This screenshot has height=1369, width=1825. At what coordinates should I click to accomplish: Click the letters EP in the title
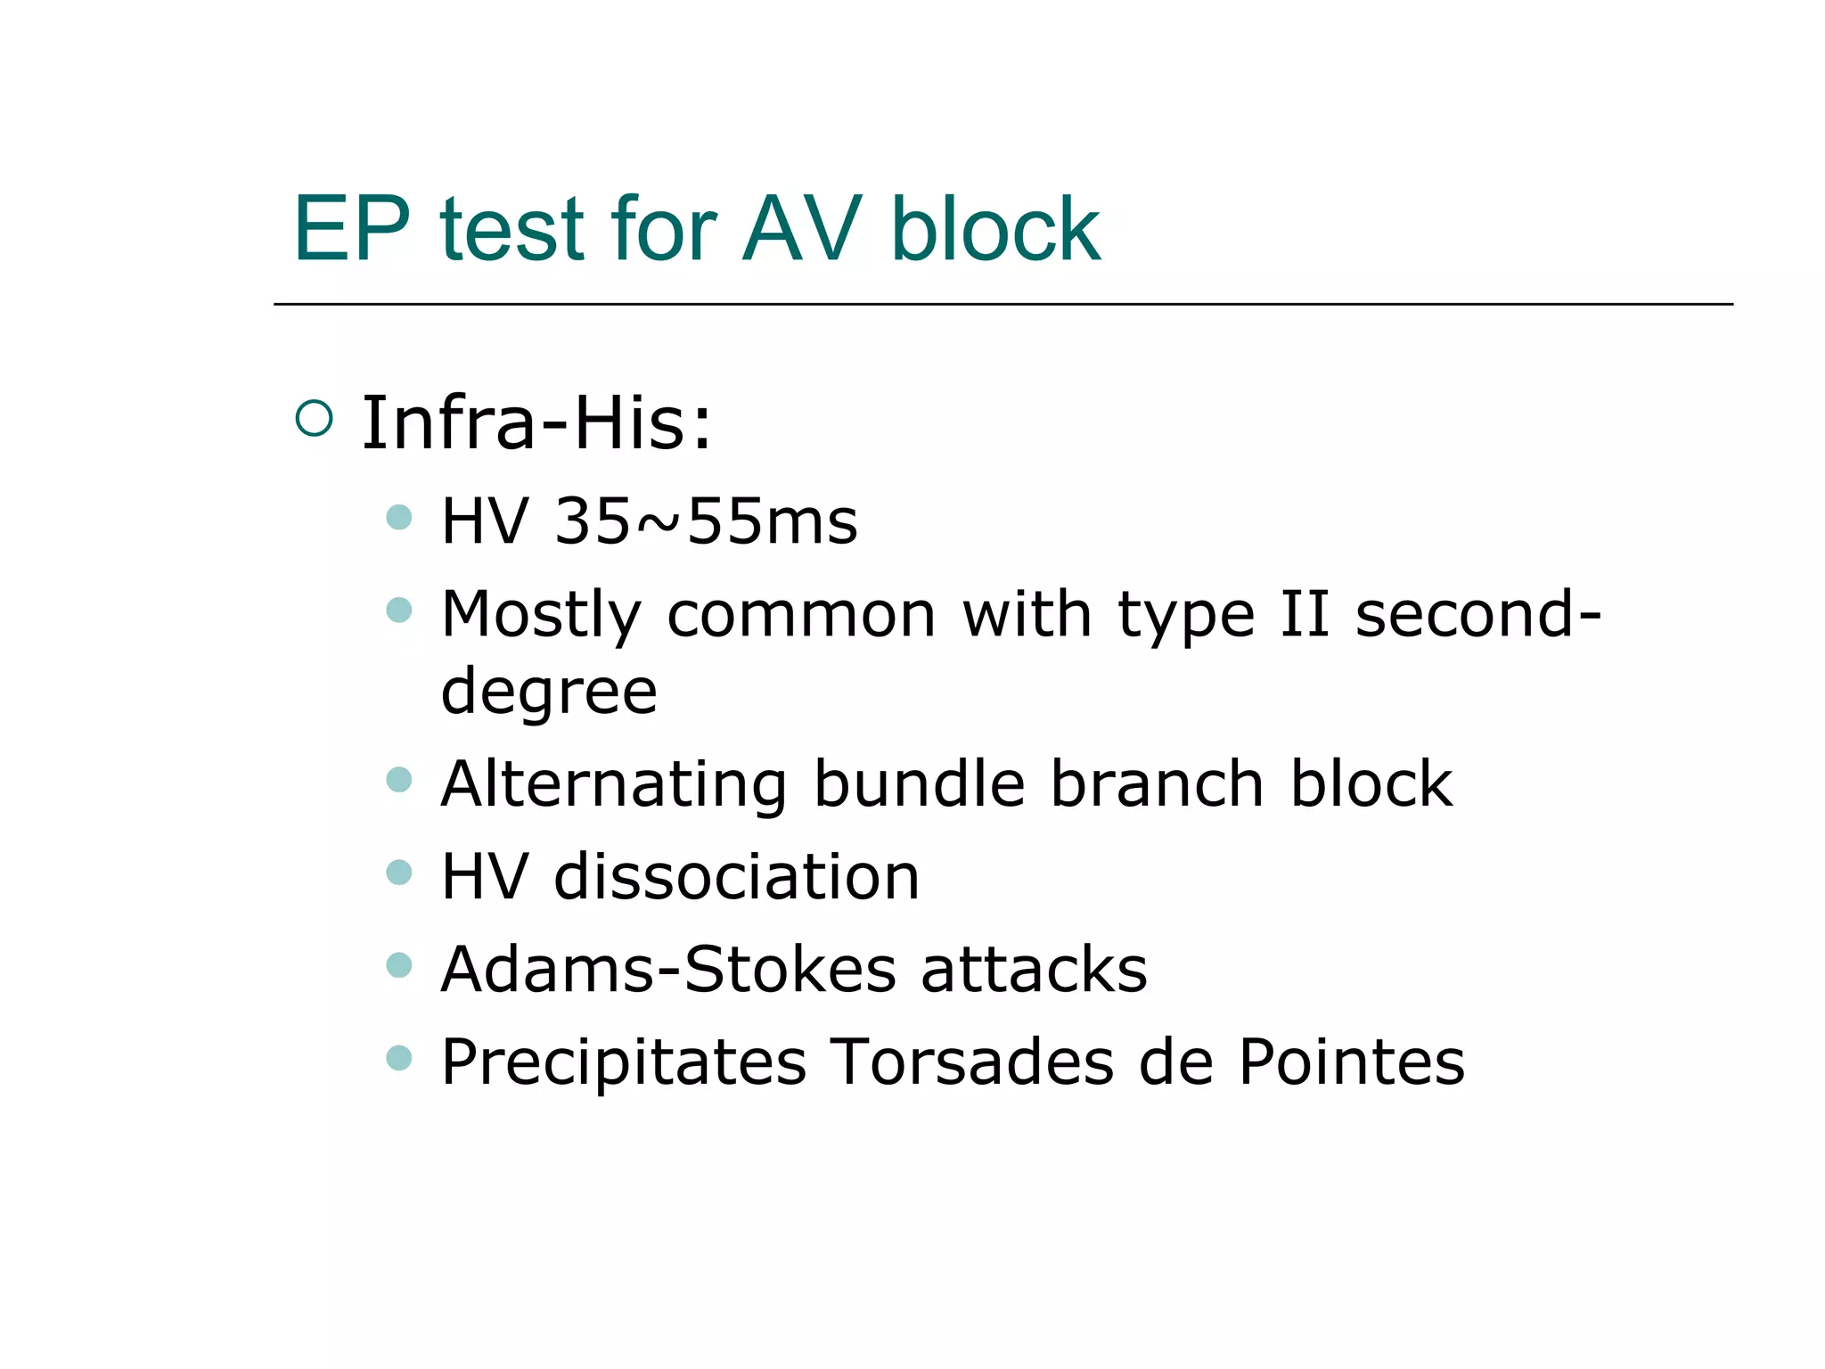352,230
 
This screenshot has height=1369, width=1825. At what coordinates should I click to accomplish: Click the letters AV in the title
802,230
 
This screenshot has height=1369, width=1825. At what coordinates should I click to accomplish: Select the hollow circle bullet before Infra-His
314,418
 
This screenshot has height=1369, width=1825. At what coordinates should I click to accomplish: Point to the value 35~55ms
706,521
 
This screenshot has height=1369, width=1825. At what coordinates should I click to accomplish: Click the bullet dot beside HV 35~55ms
399,517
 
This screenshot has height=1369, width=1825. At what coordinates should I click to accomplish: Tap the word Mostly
541,615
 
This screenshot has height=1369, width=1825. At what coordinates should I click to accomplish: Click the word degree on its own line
549,693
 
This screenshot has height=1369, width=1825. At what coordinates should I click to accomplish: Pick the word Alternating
614,785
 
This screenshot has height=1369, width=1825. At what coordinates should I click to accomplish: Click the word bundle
919,784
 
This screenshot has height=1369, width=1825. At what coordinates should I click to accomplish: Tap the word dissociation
736,877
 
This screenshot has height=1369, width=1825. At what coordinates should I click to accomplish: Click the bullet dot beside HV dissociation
399,872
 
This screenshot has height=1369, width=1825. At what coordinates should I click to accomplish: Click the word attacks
1034,970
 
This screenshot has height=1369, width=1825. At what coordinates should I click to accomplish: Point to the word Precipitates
624,1062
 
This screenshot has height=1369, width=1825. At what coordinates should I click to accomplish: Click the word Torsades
972,1062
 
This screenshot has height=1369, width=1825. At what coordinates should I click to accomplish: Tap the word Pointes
1351,1062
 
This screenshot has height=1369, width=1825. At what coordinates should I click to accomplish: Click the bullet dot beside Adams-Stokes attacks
399,965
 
